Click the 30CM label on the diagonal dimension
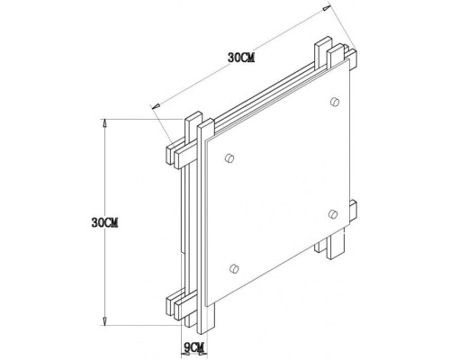click(242, 57)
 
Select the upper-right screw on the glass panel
click(335, 99)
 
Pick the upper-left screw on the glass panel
click(229, 158)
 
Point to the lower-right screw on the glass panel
click(333, 213)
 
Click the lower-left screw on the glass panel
click(234, 267)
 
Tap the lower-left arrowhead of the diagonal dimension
click(157, 108)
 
